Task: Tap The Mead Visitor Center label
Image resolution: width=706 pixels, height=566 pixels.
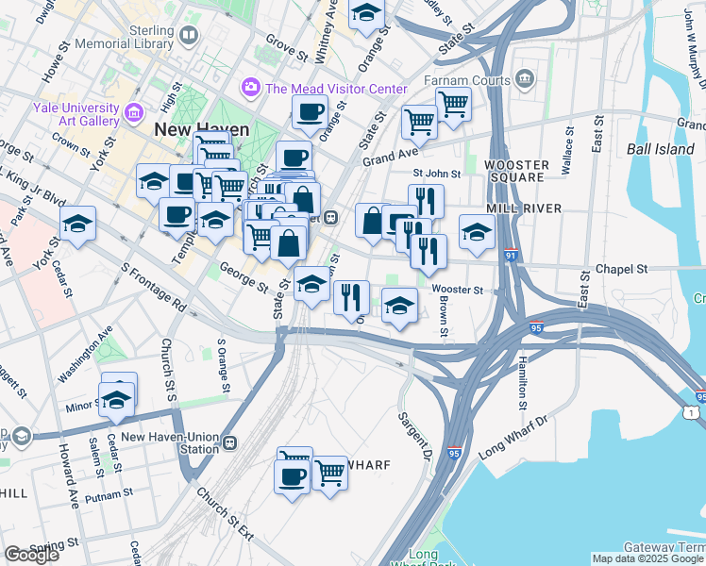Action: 336,90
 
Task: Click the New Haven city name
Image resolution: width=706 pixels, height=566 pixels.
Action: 202,129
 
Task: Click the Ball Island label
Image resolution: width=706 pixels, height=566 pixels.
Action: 660,148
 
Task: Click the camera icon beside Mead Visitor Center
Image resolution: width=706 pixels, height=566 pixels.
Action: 251,88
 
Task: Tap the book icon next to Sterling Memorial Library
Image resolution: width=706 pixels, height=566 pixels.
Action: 189,36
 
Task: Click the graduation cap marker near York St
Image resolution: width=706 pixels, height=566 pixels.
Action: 78,224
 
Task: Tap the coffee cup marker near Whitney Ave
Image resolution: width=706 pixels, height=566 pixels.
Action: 309,112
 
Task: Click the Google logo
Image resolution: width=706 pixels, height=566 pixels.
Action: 31,555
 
